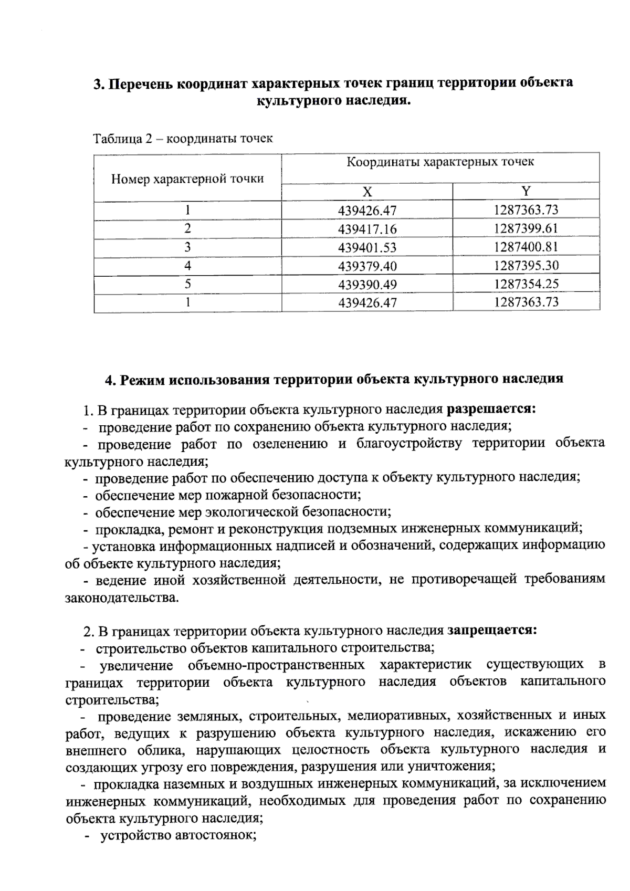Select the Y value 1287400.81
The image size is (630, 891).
coord(526,247)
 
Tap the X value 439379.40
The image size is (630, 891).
coord(367,266)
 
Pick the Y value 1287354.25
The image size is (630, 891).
coord(526,284)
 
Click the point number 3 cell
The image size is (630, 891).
coord(187,247)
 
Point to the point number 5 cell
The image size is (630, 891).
coord(187,284)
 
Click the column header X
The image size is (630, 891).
coord(367,191)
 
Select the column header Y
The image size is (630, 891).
coord(526,191)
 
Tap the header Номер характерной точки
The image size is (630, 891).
coord(187,179)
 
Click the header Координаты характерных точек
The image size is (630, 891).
coord(440,162)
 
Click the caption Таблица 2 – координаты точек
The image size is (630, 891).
coord(183,139)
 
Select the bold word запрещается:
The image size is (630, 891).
coord(492,630)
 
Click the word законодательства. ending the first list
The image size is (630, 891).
coord(122,598)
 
